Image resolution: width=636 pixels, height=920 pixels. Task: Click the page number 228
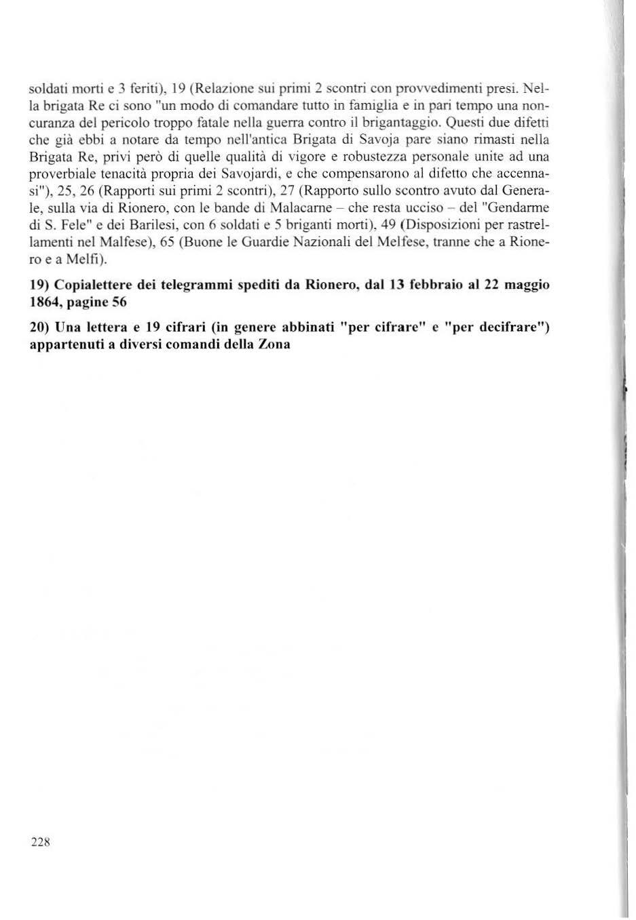(41, 842)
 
